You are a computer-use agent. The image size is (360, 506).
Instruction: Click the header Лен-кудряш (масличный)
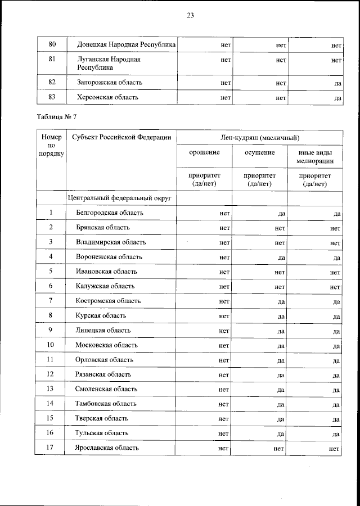pyautogui.click(x=259, y=138)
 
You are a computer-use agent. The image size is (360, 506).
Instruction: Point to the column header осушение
pyautogui.click(x=260, y=153)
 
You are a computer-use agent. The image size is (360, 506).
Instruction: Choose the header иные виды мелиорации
pyautogui.click(x=315, y=157)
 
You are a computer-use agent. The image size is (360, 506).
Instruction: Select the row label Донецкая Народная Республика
pyautogui.click(x=127, y=44)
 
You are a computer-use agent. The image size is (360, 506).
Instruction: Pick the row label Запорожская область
pyautogui.click(x=110, y=83)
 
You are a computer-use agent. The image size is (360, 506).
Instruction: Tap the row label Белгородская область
pyautogui.click(x=110, y=213)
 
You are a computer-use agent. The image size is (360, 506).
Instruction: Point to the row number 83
pyautogui.click(x=52, y=97)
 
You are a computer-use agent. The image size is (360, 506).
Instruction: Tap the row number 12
pyautogui.click(x=51, y=374)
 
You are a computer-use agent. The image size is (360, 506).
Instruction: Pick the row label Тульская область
pyautogui.click(x=102, y=433)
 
